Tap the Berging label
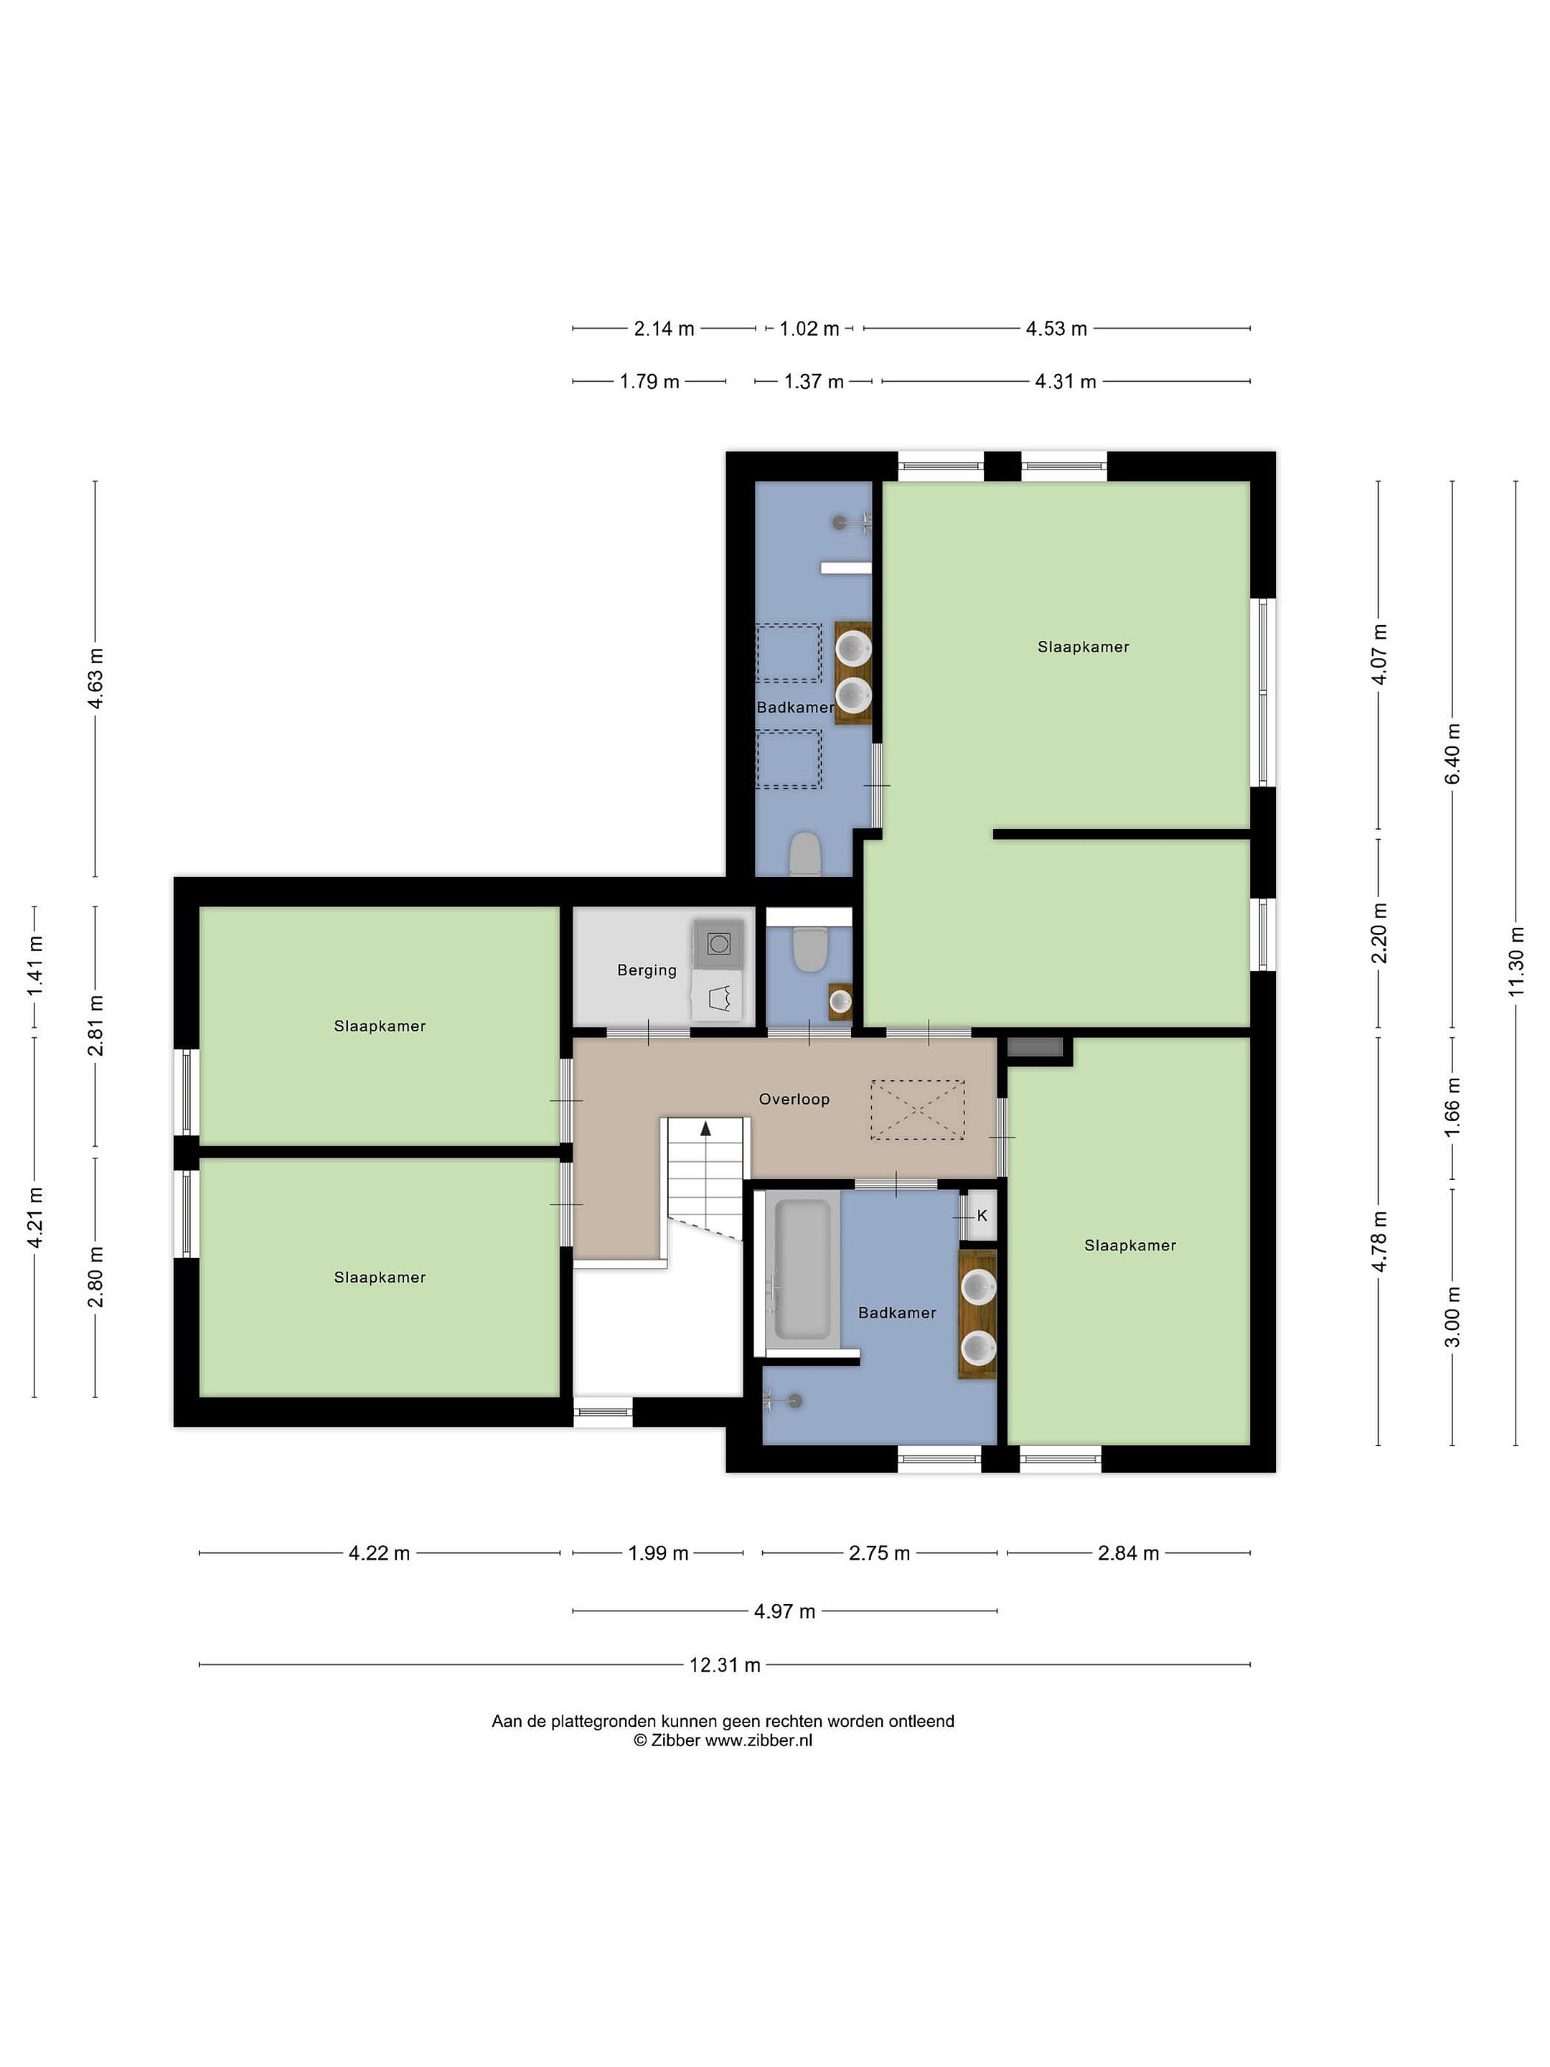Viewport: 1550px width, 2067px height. click(x=647, y=970)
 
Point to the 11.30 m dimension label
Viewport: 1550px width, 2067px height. click(x=1516, y=962)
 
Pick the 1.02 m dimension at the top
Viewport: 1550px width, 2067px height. click(x=809, y=329)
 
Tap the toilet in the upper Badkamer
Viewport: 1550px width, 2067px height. click(x=804, y=854)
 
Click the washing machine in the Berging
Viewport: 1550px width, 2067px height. click(x=718, y=943)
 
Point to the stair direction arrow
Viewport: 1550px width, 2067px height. click(x=705, y=1128)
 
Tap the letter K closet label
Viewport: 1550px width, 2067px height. click(x=982, y=1216)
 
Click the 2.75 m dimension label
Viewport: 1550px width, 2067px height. click(x=879, y=1553)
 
